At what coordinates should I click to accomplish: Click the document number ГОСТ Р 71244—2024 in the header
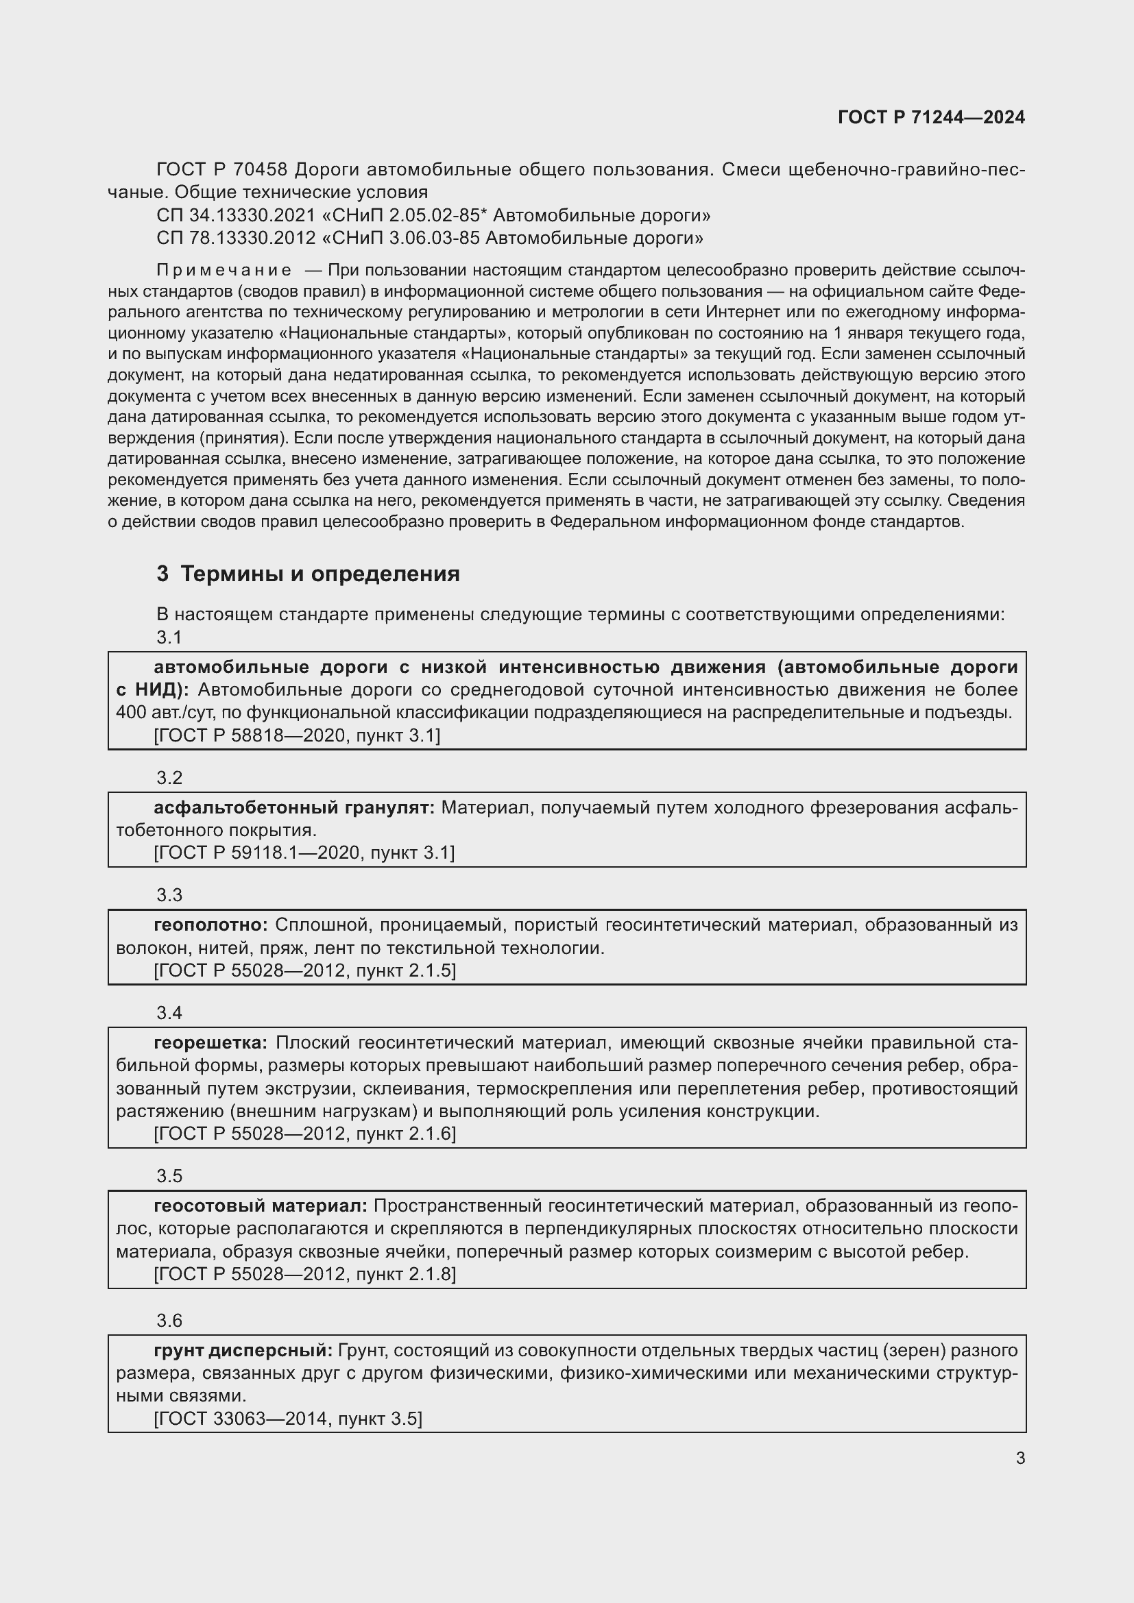(931, 117)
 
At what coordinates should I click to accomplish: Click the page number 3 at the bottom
(1020, 1458)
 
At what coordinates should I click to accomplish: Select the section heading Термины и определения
(319, 574)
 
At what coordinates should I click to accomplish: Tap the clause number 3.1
(169, 637)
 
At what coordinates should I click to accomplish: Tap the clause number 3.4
(169, 1012)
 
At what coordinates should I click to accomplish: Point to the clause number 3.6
(169, 1321)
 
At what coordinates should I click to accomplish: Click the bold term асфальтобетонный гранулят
(294, 808)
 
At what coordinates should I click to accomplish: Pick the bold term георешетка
(210, 1043)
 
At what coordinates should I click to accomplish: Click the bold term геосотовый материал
(260, 1206)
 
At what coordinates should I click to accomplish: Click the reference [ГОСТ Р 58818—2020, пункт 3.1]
(297, 735)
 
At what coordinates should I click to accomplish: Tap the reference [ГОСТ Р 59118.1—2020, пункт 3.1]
(304, 853)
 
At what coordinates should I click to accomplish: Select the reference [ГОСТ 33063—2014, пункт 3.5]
(288, 1418)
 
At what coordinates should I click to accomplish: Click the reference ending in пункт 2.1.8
(304, 1274)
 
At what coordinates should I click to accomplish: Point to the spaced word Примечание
(224, 270)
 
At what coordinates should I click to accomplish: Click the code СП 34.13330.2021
(236, 215)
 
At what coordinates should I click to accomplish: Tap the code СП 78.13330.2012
(236, 238)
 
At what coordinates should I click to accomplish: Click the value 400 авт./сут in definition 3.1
(165, 713)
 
